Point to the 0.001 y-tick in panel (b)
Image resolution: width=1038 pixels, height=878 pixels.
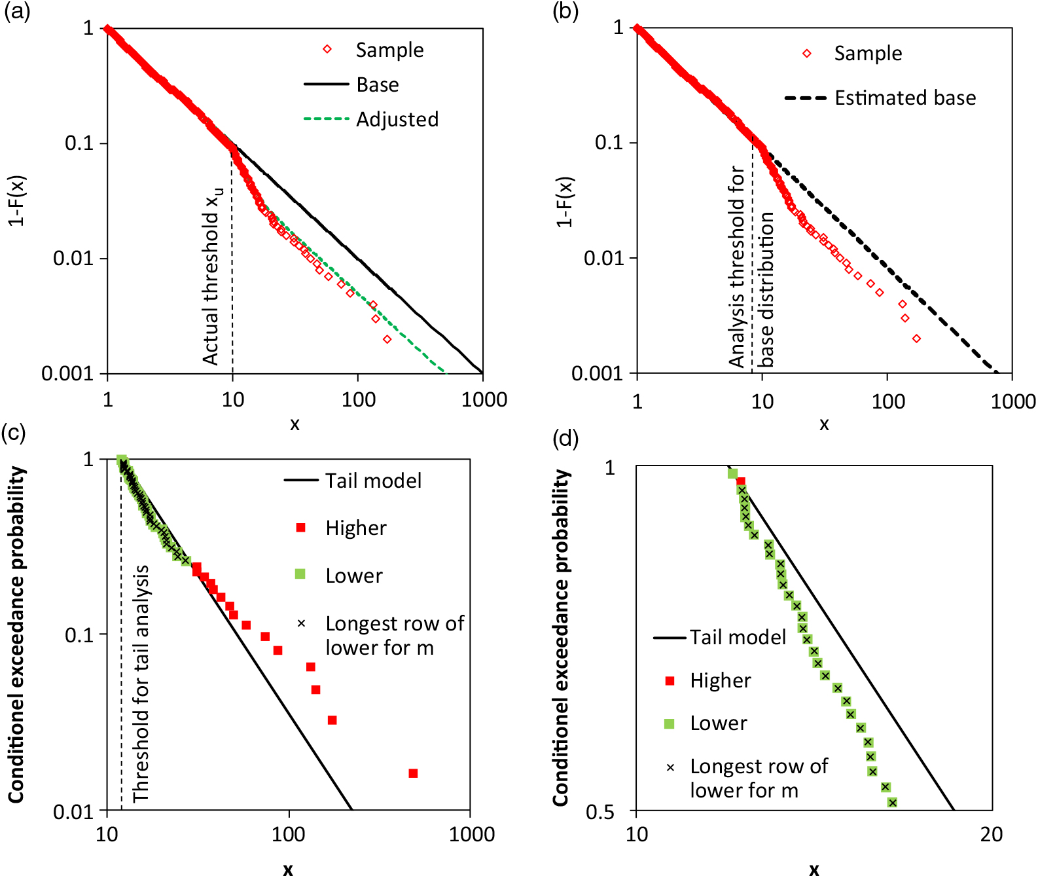pos(596,373)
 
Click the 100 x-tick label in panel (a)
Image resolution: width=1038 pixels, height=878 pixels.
pos(358,399)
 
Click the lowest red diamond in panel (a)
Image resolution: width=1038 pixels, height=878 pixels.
pos(387,339)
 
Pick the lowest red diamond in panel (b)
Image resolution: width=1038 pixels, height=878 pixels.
pos(916,338)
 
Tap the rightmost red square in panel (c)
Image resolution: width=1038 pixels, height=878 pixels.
pos(413,773)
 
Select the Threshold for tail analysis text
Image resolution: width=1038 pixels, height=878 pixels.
pos(141,684)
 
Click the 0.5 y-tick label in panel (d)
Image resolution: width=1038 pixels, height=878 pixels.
pos(600,812)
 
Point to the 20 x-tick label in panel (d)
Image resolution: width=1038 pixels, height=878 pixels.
pos(991,834)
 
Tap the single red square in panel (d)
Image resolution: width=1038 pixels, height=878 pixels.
pos(741,481)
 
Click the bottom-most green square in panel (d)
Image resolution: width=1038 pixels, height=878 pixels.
pos(891,803)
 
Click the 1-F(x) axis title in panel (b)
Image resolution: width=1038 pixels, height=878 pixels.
pos(565,202)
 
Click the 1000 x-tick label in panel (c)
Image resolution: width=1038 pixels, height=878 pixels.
pos(471,834)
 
